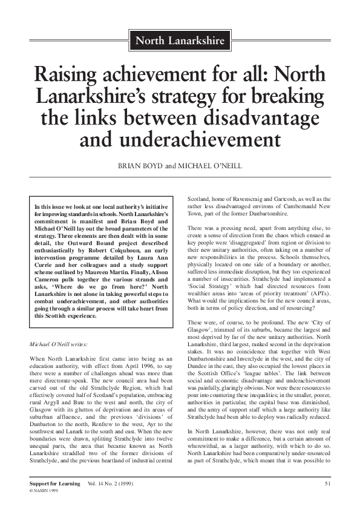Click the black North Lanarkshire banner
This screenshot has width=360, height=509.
pos(180,42)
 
